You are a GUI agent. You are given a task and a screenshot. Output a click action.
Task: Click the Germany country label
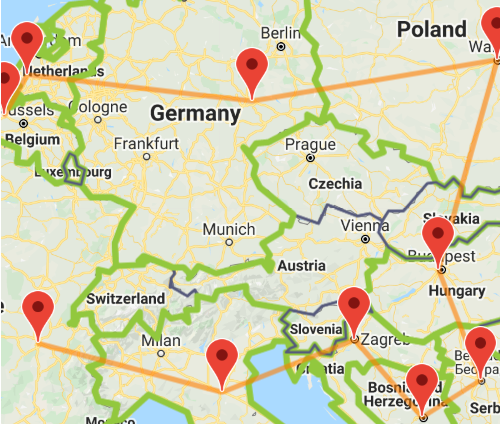coord(195,114)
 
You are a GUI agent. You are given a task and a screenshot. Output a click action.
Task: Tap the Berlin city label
coord(280,33)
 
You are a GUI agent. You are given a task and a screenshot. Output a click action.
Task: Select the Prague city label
coord(310,144)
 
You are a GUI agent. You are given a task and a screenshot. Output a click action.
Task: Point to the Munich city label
coord(229,229)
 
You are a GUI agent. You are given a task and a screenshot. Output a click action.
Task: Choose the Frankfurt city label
coord(145,143)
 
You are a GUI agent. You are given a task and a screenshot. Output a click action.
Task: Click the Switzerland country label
coord(126,299)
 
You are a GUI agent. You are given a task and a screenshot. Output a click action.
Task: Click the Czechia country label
coord(335,184)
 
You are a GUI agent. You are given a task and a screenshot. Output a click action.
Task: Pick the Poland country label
coord(431,30)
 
